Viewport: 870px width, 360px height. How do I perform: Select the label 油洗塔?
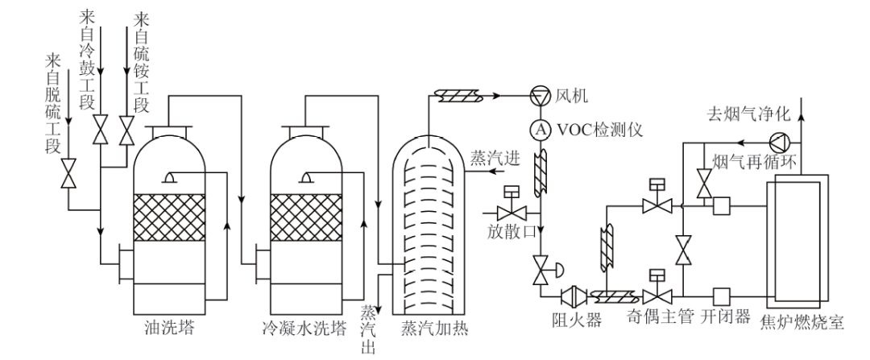(168, 329)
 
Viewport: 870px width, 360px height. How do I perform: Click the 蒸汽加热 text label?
(433, 329)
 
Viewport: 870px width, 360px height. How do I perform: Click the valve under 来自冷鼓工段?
(100, 128)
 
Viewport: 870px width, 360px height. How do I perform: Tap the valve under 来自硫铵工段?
(126, 128)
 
